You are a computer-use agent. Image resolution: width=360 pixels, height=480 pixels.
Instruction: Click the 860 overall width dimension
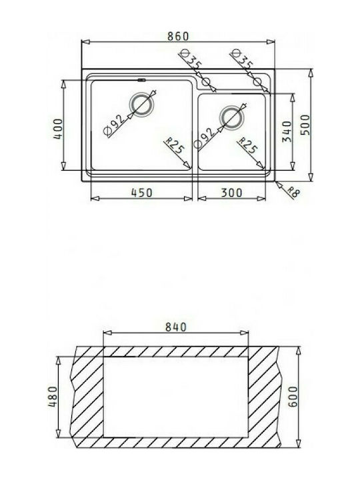pos(178,36)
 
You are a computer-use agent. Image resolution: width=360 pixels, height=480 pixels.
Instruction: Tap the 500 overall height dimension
pos(305,125)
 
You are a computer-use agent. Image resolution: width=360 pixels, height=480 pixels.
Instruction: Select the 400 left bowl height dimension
pos(58,129)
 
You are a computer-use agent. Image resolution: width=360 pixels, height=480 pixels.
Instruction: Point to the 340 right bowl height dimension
pos(287,131)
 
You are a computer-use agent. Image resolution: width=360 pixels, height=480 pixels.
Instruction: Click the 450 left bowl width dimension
pos(141,193)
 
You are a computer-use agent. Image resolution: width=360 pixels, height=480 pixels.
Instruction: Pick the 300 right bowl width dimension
pos(231,193)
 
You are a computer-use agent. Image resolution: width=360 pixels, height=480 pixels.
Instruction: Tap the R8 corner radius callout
pos(293,192)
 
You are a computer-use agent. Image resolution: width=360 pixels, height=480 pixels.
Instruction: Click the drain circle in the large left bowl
pos(141,105)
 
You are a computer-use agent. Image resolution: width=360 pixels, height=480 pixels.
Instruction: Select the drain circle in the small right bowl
pos(231,117)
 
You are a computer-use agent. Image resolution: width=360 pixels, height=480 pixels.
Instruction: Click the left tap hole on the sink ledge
pos(206,82)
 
